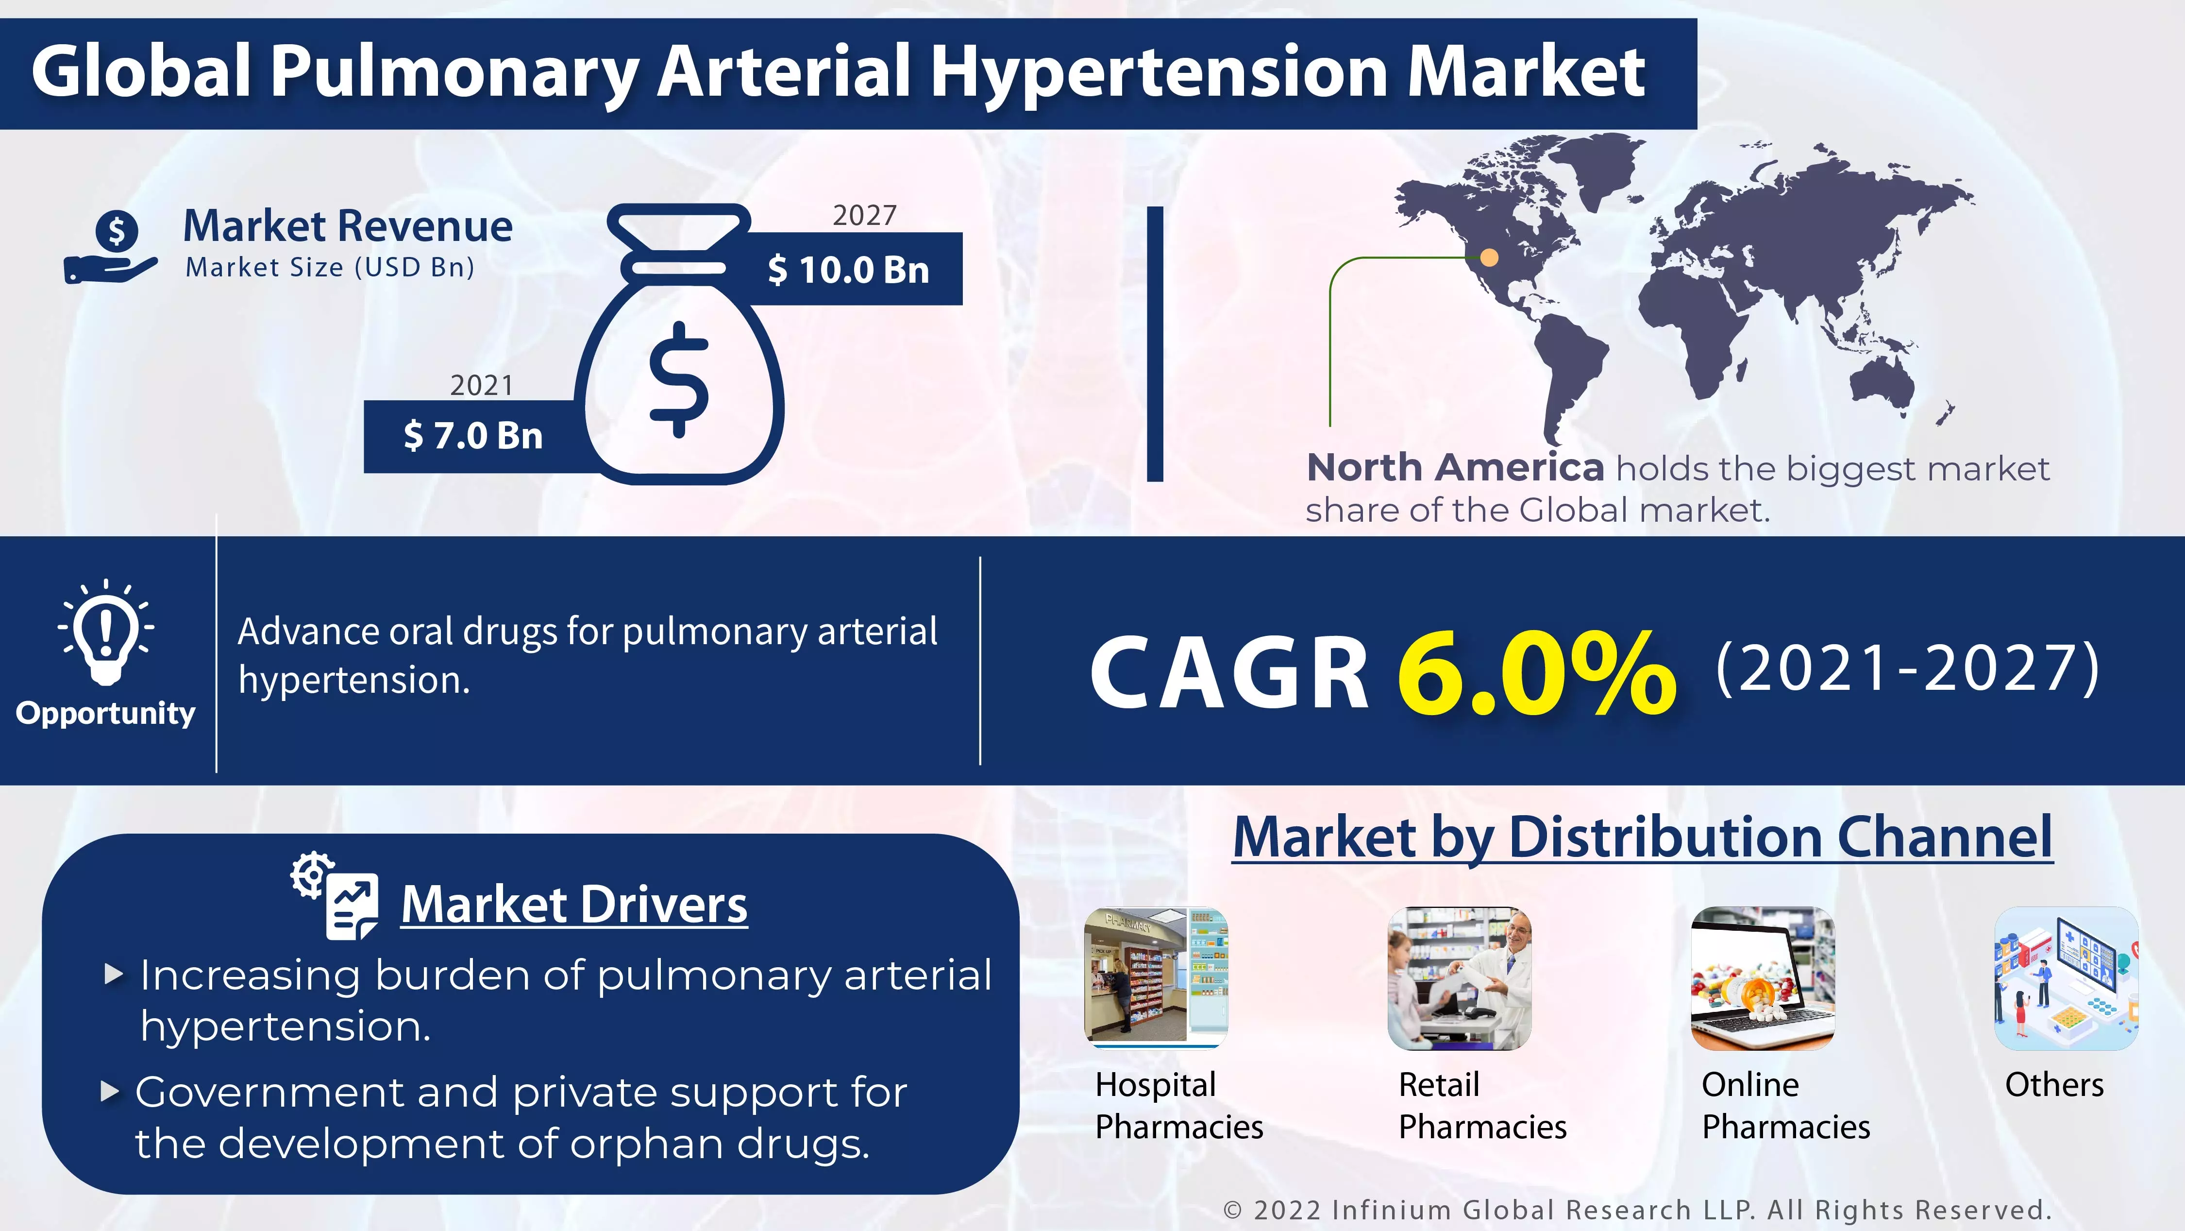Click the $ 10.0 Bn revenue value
848,270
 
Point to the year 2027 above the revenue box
864,216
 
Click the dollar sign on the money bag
679,379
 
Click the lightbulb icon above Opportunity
106,632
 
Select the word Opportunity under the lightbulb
105,714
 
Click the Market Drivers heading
574,905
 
